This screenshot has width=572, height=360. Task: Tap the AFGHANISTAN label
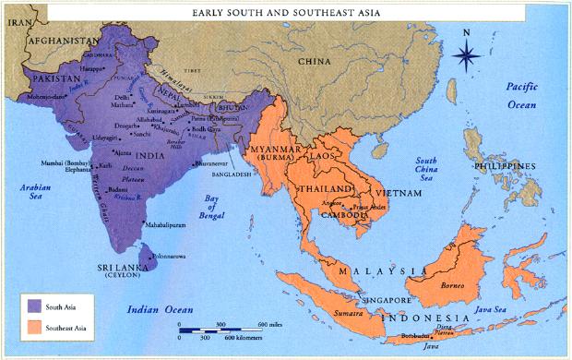tap(63, 42)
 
